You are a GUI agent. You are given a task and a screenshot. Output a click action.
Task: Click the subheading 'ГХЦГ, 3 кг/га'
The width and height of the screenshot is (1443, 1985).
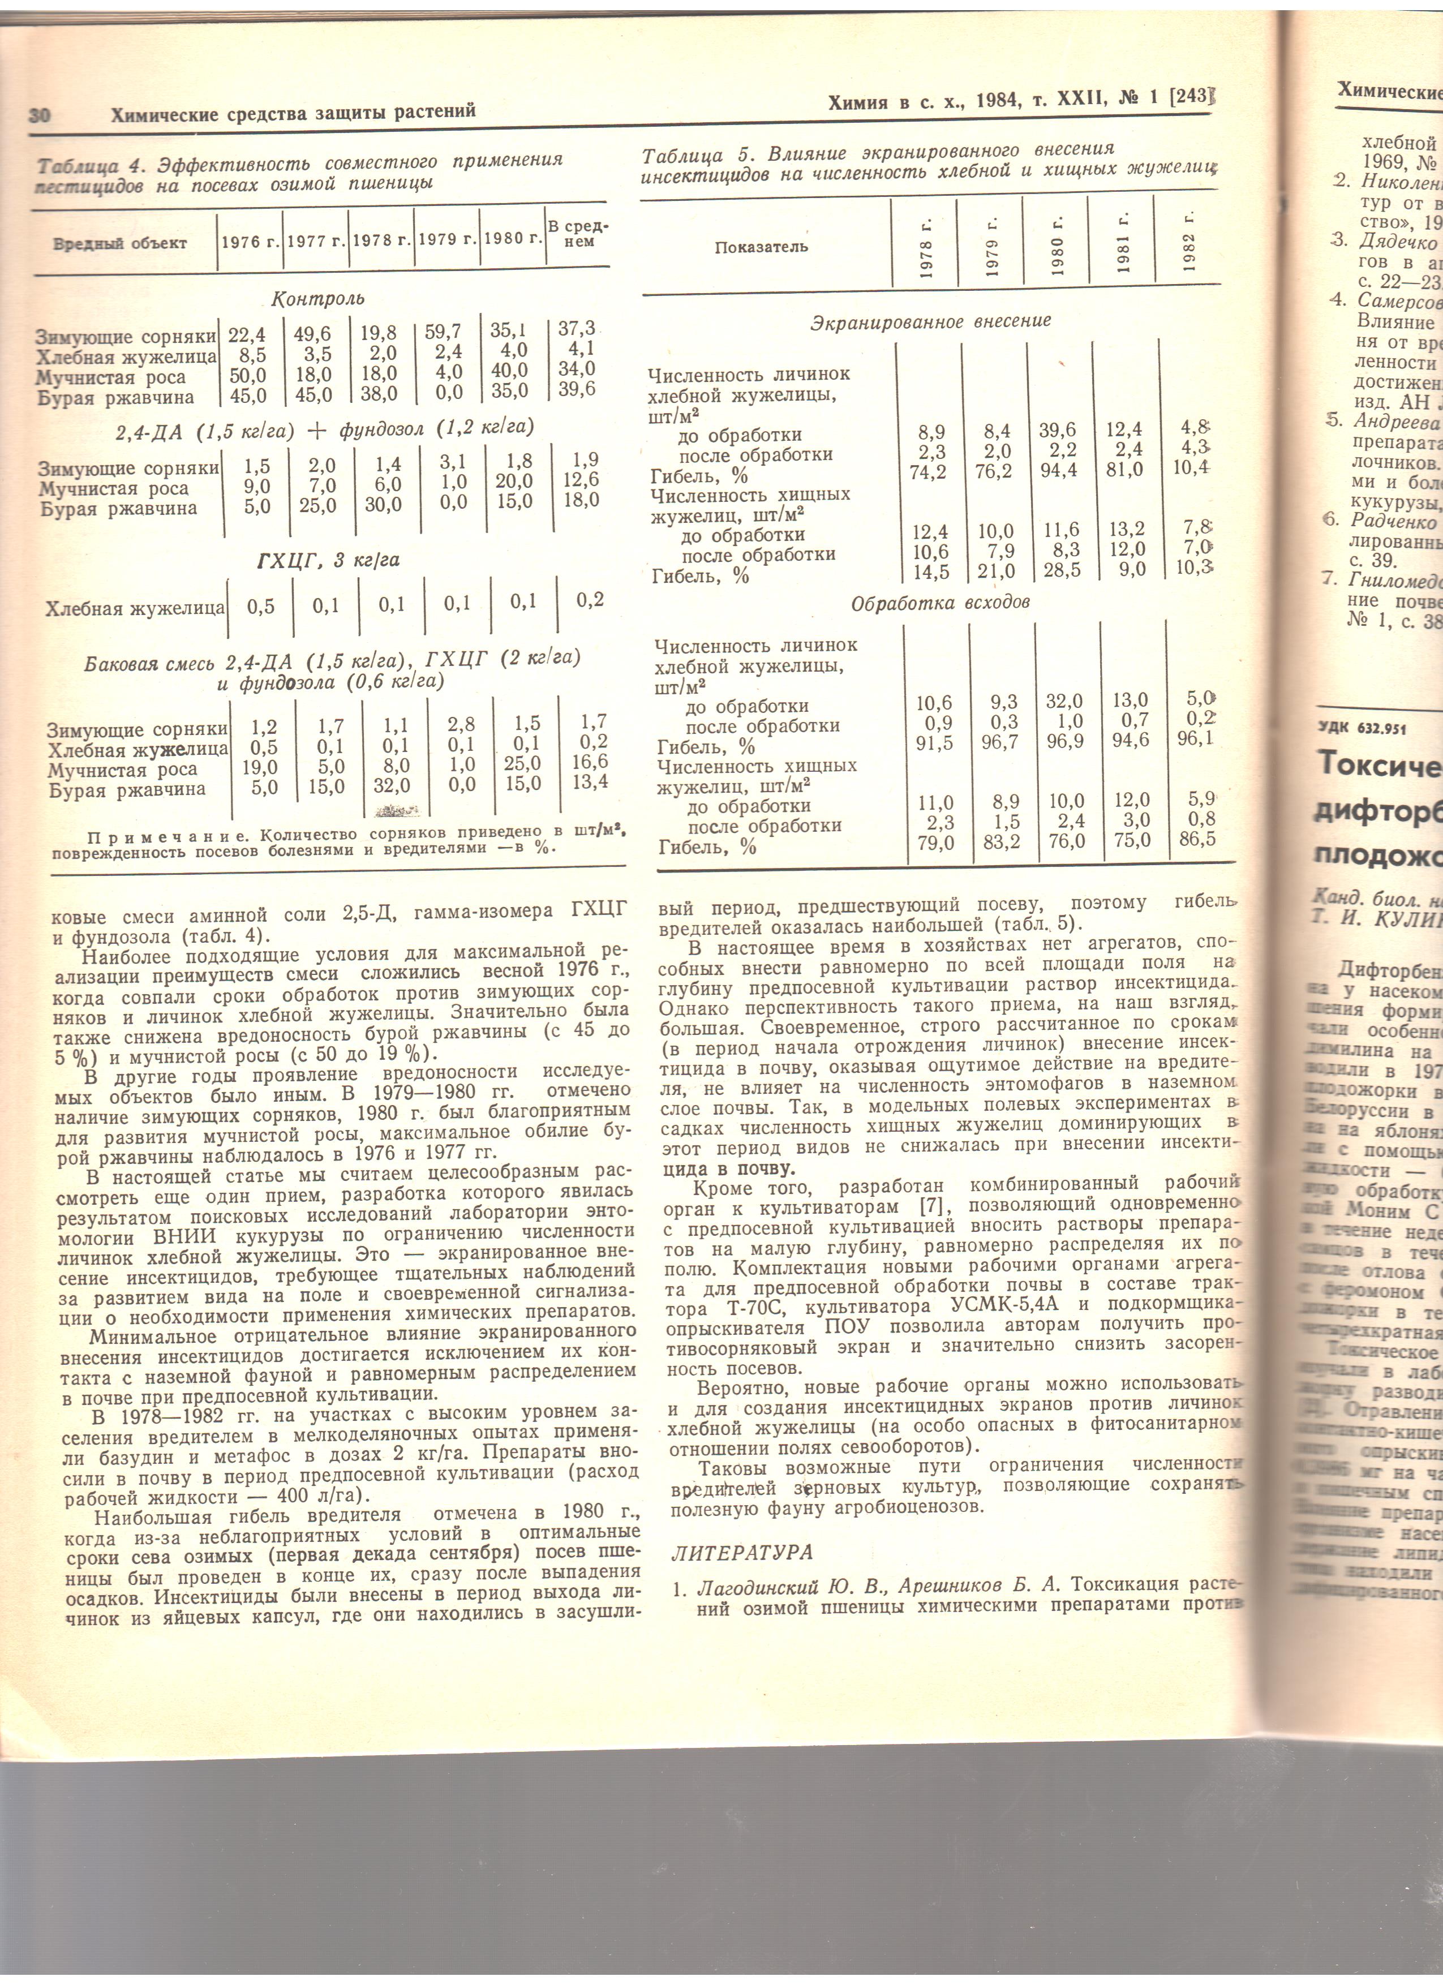[x=328, y=560]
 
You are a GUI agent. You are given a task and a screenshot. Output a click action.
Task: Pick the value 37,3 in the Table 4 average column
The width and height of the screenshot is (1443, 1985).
[x=577, y=329]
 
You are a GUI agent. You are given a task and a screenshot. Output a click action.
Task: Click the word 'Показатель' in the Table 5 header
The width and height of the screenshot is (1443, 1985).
[x=761, y=247]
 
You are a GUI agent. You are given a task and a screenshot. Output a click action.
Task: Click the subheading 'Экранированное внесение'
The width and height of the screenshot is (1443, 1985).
[x=930, y=321]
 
